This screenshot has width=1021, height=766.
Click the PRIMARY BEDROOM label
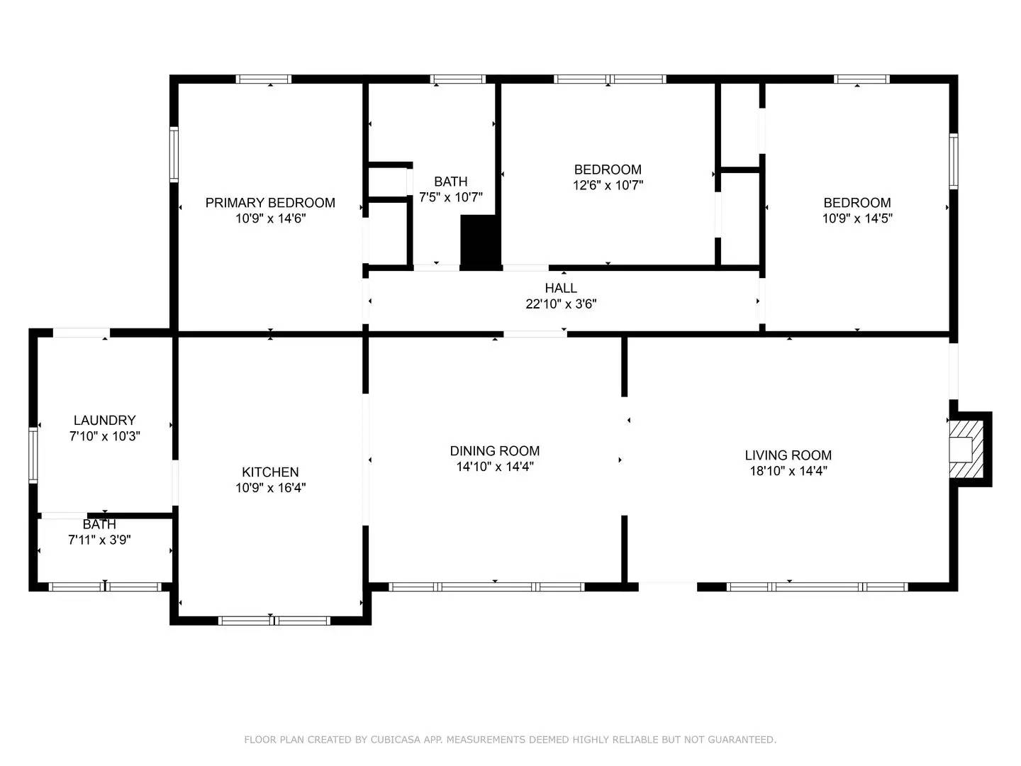[270, 203]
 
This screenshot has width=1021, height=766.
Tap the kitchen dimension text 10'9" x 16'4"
[270, 488]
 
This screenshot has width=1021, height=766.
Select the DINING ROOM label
[495, 451]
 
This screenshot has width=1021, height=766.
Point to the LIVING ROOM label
[788, 455]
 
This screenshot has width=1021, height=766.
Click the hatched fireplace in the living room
[966, 450]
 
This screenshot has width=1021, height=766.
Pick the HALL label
[561, 288]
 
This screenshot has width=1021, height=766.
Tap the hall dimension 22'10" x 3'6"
[561, 304]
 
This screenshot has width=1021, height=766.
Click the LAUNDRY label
[104, 421]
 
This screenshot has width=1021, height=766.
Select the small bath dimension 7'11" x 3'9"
[99, 540]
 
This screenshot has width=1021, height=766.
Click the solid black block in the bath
[480, 241]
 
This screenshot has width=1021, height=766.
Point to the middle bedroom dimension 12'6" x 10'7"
[608, 185]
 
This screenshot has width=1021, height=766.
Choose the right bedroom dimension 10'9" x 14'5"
[857, 218]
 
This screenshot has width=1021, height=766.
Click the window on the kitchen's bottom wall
[274, 621]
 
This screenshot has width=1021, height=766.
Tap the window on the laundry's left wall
[33, 455]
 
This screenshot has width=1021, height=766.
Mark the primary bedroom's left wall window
[174, 154]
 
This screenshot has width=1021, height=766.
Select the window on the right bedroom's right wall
[954, 161]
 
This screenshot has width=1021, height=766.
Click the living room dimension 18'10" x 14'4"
[788, 471]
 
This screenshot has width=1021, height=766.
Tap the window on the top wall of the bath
[457, 79]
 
